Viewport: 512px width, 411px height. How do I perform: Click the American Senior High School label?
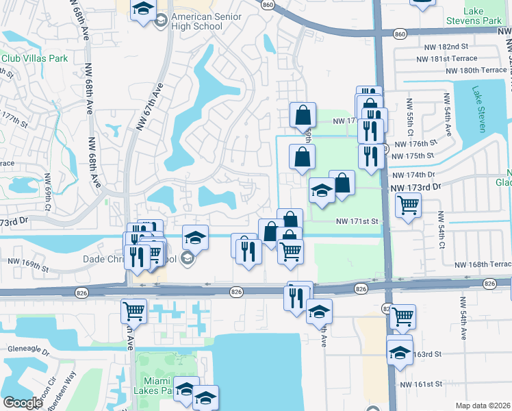(x=196, y=21)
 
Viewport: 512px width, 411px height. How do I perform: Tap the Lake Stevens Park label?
(x=482, y=16)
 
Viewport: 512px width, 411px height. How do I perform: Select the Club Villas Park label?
(x=34, y=58)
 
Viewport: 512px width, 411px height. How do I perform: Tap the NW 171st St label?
(x=357, y=221)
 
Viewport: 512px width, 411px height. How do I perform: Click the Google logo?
(x=23, y=403)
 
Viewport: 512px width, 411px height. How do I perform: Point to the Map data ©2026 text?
(x=483, y=406)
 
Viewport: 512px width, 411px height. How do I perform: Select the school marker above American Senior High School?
(x=143, y=10)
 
